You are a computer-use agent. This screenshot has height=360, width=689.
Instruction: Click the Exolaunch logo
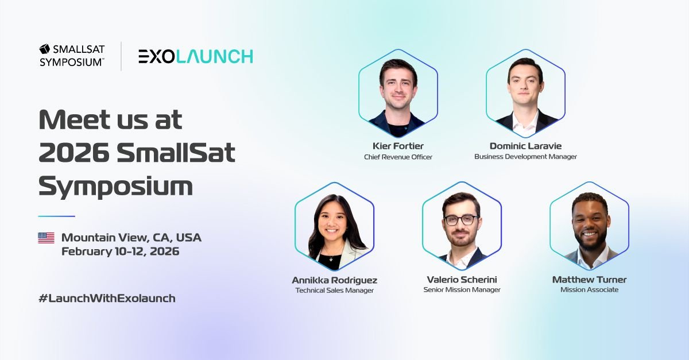coord(195,56)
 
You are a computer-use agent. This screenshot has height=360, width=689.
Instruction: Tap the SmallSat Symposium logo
coord(72,56)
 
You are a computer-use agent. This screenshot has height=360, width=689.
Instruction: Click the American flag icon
coord(46,238)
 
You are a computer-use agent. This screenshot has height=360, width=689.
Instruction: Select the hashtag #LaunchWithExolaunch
coord(107,298)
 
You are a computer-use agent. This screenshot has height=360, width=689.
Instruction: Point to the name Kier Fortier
coord(398,146)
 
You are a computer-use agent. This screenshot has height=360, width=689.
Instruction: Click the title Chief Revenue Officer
coord(398,157)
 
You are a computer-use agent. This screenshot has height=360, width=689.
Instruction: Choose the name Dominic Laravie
coord(525,146)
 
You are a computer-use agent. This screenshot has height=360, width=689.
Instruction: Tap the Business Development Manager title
coord(525,157)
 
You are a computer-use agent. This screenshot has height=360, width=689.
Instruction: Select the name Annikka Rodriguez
coord(334,280)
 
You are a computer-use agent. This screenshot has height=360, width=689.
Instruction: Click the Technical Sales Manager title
coord(334,291)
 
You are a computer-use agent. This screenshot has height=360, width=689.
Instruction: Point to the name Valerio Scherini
coord(462,280)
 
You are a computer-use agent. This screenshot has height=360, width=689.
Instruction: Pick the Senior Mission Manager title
coord(462,290)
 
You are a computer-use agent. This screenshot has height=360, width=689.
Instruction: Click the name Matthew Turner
coord(589,280)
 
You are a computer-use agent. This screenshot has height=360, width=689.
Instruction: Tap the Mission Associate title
coord(589,290)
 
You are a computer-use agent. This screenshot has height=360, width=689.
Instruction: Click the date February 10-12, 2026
coord(120,251)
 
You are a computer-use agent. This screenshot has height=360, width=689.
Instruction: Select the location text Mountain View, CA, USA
coord(131,238)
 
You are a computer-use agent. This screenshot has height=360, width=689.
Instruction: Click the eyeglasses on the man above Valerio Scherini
coord(460,220)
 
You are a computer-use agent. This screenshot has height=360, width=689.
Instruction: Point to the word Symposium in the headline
coord(115,187)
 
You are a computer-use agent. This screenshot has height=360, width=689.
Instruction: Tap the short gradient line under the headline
coord(56,216)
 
